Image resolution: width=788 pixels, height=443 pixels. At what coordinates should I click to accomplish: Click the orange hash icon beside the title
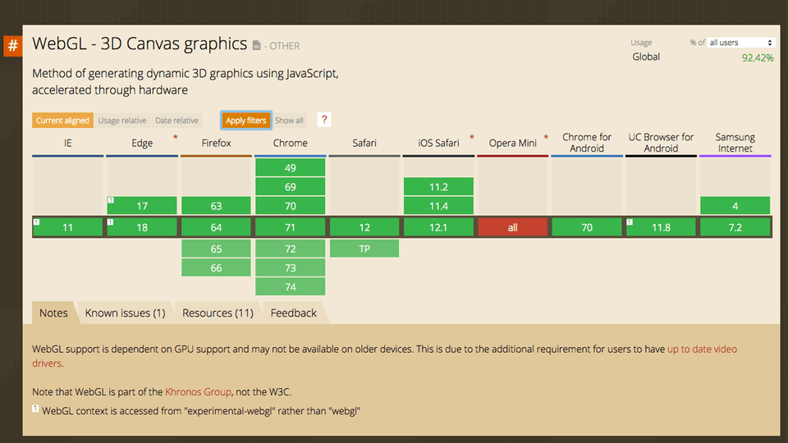click(13, 45)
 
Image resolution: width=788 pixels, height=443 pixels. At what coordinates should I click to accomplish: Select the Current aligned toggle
click(62, 121)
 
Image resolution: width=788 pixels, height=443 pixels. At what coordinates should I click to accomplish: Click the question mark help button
click(324, 120)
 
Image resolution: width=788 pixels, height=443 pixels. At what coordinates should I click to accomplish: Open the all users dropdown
click(741, 43)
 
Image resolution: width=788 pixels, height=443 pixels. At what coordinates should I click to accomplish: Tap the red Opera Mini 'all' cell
click(512, 227)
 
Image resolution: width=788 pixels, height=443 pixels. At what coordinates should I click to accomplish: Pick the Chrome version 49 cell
click(291, 167)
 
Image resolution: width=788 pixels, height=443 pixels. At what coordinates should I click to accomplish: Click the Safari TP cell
click(364, 248)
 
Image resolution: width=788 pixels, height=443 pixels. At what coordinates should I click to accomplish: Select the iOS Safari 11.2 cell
click(438, 186)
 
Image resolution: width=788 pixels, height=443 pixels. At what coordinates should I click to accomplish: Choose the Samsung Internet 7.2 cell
click(735, 227)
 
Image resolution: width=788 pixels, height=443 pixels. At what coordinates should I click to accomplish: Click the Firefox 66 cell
click(216, 268)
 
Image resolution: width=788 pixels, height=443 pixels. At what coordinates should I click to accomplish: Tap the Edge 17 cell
click(142, 206)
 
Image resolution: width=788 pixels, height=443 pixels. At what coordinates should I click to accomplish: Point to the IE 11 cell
click(68, 227)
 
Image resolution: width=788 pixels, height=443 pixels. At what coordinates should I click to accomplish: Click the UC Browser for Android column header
click(661, 143)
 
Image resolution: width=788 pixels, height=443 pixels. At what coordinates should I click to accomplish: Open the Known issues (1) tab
click(125, 313)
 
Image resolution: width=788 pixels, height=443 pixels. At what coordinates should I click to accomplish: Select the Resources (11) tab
click(218, 313)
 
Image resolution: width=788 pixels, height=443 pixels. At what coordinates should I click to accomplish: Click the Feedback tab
click(293, 313)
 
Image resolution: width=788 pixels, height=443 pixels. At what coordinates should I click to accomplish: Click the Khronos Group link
click(198, 392)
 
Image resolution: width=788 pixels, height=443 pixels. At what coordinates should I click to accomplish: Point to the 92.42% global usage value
click(757, 58)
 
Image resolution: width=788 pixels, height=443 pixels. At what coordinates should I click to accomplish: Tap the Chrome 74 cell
click(291, 286)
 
